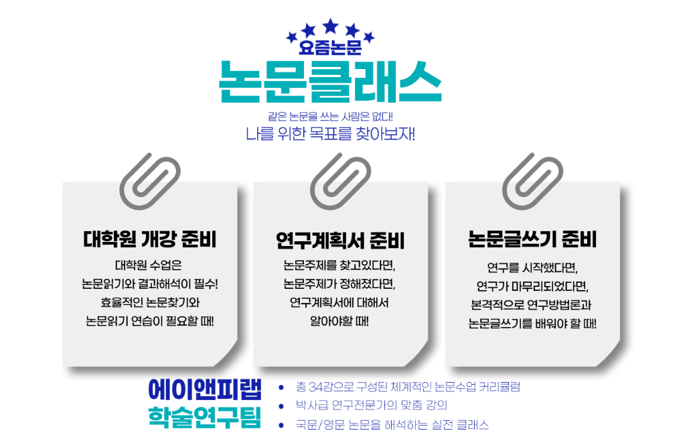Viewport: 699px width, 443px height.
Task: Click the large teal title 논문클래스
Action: [330, 81]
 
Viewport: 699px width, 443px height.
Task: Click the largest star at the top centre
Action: [330, 26]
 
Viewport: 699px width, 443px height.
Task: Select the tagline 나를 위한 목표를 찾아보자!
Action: [330, 133]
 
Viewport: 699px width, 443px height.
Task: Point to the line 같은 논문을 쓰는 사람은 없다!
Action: [330, 116]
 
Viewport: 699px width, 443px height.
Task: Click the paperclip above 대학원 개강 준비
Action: [146, 180]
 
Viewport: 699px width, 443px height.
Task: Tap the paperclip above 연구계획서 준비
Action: [340, 180]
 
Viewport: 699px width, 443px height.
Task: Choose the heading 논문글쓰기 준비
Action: [532, 239]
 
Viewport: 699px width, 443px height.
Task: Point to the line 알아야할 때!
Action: [340, 320]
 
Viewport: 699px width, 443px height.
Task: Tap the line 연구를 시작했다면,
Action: [532, 267]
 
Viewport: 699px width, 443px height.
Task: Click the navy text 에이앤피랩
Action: [205, 388]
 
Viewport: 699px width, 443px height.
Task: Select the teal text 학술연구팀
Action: [205, 415]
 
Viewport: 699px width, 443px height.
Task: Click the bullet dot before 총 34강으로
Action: [282, 387]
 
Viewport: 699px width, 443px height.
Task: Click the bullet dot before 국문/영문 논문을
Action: [282, 424]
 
